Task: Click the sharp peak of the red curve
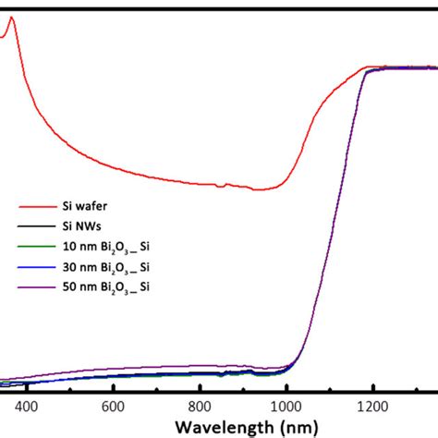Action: click(x=11, y=18)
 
